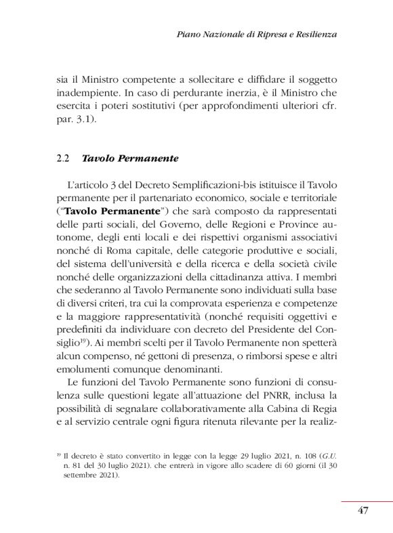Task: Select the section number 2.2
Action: pos(63,159)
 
